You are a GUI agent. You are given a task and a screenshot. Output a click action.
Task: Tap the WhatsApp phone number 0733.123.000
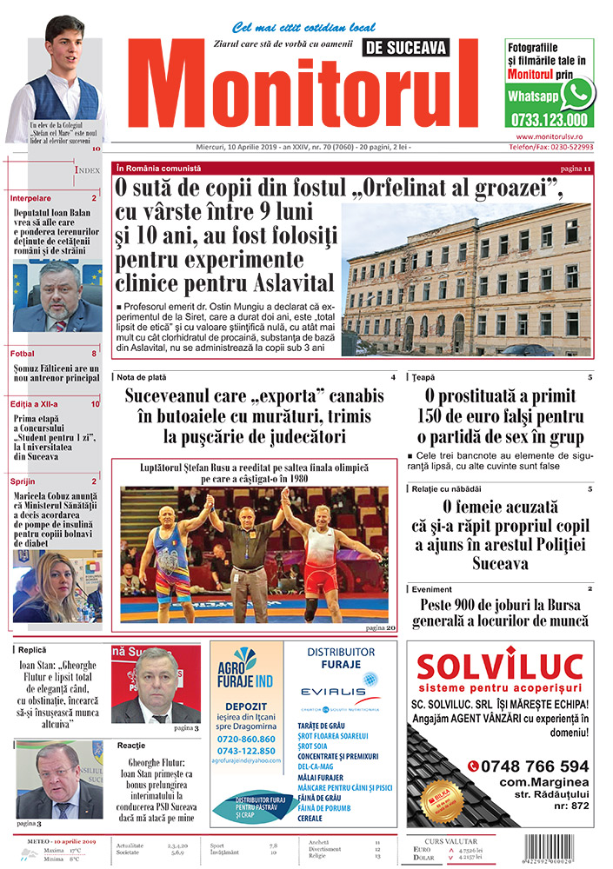click(550, 120)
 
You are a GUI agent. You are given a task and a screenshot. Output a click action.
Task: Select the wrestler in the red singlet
click(325, 556)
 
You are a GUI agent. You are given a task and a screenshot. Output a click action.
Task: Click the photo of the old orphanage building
click(466, 278)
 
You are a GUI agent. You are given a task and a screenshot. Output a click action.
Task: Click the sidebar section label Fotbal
click(23, 354)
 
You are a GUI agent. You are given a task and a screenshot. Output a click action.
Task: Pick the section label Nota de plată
click(143, 377)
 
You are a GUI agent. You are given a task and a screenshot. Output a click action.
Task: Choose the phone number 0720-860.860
click(245, 739)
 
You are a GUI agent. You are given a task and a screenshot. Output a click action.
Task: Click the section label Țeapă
click(423, 377)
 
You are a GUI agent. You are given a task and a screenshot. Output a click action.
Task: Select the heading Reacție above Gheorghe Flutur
click(131, 746)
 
